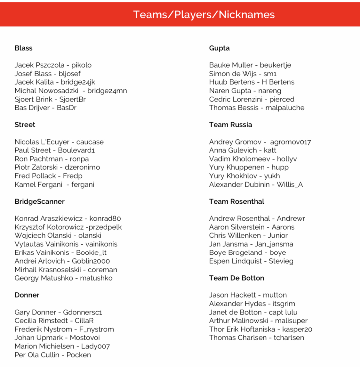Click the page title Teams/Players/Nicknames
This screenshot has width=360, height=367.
coord(204,14)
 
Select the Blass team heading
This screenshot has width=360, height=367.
coord(23,48)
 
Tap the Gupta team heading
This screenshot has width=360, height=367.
coord(219,48)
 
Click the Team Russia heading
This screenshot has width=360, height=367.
coord(230,125)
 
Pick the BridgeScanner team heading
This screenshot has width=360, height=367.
coord(39,201)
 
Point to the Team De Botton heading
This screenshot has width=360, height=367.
coord(236,278)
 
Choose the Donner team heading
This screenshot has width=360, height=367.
coord(27,295)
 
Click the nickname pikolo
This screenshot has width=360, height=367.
coord(81,65)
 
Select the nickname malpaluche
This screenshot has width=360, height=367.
coord(285,108)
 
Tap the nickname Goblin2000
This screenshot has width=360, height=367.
coord(91,261)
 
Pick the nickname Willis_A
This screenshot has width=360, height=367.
coord(290,184)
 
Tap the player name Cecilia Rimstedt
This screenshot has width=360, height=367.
coord(41,321)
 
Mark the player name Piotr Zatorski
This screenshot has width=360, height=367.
coord(36,167)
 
